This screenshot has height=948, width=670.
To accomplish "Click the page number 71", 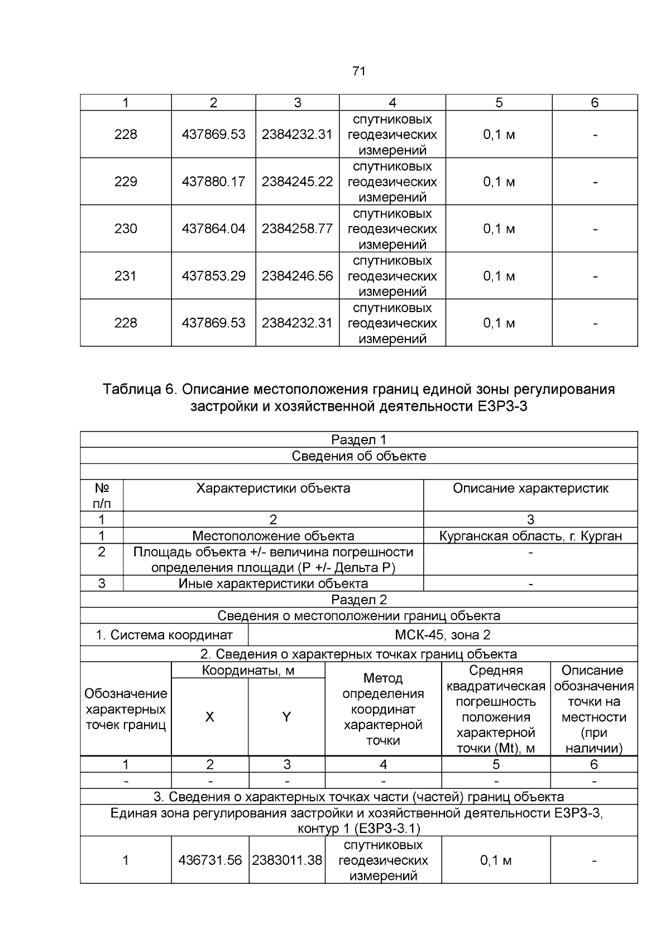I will (x=359, y=71).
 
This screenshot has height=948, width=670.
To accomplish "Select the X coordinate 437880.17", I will (x=213, y=181).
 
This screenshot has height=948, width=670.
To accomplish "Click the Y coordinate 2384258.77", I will (x=297, y=228).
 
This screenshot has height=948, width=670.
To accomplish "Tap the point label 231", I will (x=126, y=276).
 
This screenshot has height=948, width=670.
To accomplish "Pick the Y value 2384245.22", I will (x=297, y=181).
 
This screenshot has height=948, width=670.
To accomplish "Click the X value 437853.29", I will (x=213, y=276).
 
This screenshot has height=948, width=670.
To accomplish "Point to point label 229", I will (x=126, y=181).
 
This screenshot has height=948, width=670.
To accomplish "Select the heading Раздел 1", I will (x=358, y=440).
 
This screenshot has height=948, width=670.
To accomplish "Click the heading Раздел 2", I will (x=358, y=600).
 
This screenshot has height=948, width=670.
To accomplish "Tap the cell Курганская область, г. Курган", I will (x=530, y=536).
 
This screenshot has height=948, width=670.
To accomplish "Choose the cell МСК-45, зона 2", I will (x=442, y=635).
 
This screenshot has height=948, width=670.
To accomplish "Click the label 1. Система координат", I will (x=164, y=635).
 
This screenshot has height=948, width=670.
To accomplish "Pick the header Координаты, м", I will (x=248, y=671).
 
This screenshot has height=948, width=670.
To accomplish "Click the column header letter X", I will (x=209, y=717).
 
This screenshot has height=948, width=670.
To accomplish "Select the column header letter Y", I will (x=286, y=717).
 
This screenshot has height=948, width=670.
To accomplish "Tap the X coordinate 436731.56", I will (x=210, y=860).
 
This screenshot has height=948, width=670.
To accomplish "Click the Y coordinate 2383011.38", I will (x=287, y=860).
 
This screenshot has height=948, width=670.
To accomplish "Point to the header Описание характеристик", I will (x=530, y=489).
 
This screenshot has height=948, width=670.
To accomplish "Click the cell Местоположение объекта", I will (x=273, y=536).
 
